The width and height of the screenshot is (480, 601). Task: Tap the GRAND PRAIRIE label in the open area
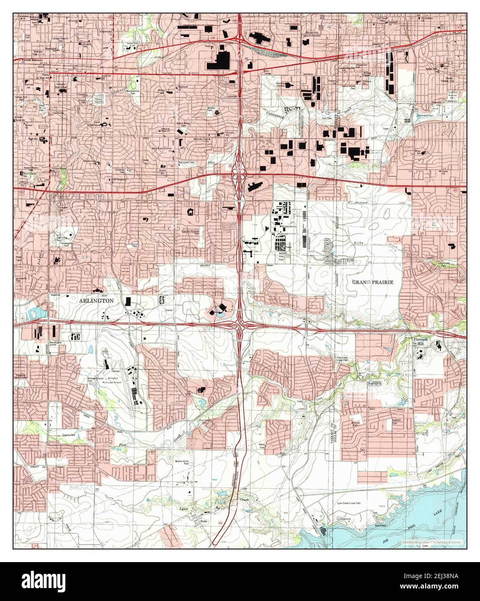[x=372, y=282]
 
